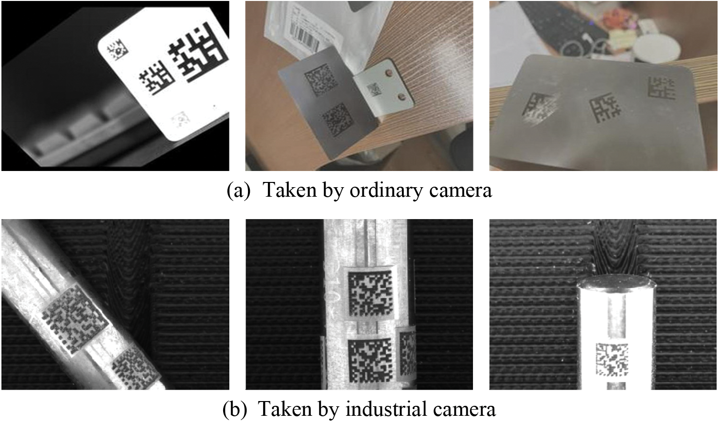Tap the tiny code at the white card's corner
tap(117, 50)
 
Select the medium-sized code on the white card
tap(157, 78)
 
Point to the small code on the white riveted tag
tap(373, 90)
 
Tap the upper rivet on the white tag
tap(390, 73)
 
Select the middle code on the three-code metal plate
tap(606, 108)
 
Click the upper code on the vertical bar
tap(371, 293)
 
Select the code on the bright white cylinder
tap(612, 360)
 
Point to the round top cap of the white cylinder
tap(616, 282)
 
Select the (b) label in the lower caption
tap(236, 410)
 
